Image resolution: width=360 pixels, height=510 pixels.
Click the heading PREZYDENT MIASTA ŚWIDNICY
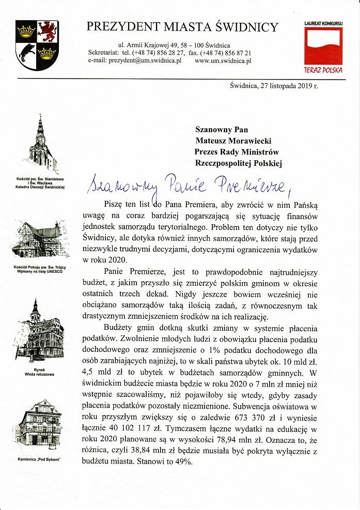pyautogui.click(x=182, y=27)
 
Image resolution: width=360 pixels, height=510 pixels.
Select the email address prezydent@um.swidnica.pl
pyautogui.click(x=145, y=61)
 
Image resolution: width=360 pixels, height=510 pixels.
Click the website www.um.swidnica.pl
pyautogui.click(x=223, y=61)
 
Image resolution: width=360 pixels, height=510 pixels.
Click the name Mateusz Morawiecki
pyautogui.click(x=233, y=140)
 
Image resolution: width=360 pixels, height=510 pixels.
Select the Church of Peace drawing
pyautogui.click(x=36, y=240)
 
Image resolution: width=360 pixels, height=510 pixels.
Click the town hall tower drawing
pyautogui.click(x=39, y=331)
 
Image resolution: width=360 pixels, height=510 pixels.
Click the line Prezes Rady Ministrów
pyautogui.click(x=237, y=152)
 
